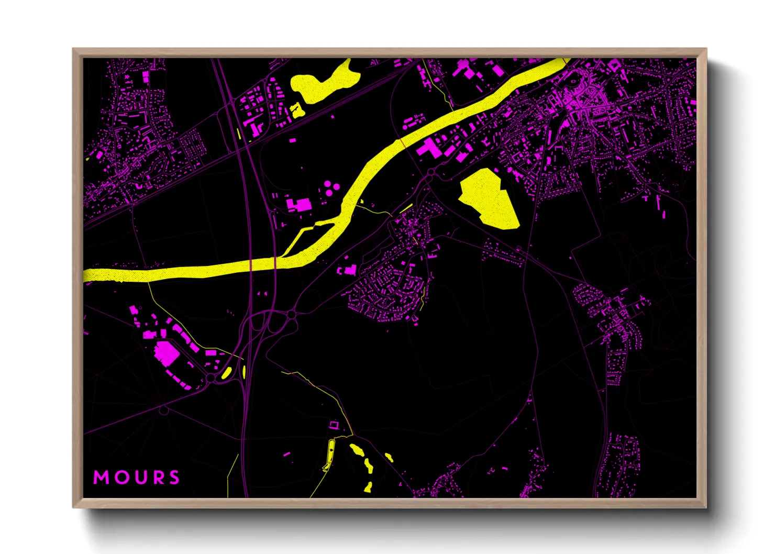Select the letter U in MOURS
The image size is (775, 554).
tap(139, 478)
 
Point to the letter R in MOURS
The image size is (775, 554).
tap(156, 478)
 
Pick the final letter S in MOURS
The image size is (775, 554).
tap(173, 478)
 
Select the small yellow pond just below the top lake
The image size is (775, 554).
tap(297, 109)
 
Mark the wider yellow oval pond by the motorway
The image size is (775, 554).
tap(227, 372)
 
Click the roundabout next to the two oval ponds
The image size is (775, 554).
tap(211, 378)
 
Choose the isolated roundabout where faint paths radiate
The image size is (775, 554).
tap(164, 411)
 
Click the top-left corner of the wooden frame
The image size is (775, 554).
tap(73, 49)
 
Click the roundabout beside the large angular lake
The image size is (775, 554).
tap(430, 172)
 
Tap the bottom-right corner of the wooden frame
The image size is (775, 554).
tap(706, 507)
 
